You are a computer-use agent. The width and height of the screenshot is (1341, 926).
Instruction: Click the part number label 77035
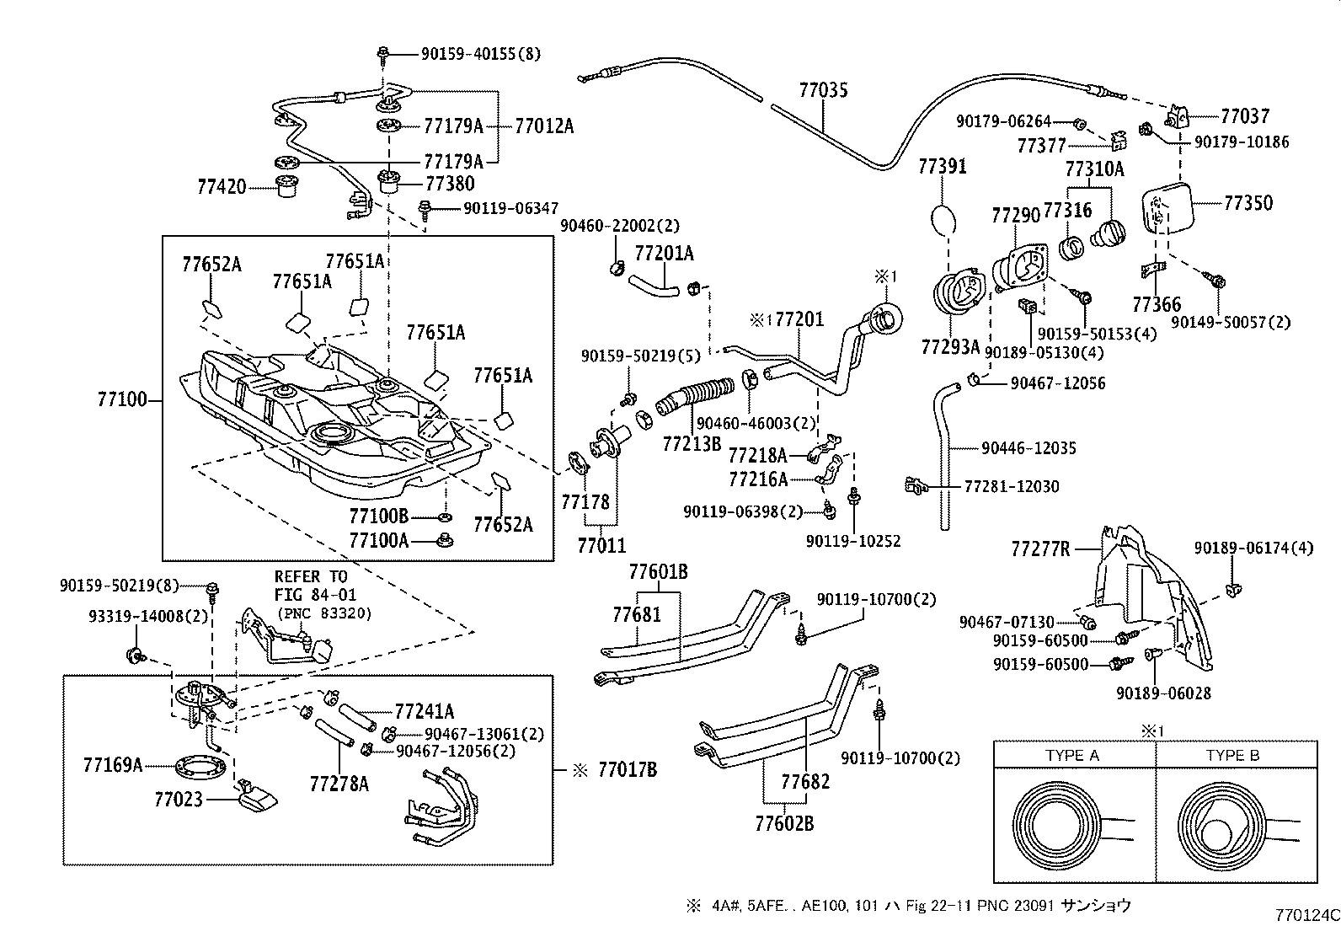(x=823, y=90)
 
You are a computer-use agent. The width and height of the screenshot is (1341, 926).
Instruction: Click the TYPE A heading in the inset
(x=1072, y=756)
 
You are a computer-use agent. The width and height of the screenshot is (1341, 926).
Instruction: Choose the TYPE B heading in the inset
(x=1231, y=756)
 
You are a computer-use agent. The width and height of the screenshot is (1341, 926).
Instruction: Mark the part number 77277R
(x=1040, y=550)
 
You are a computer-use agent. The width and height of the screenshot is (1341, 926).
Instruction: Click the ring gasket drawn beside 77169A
(x=200, y=768)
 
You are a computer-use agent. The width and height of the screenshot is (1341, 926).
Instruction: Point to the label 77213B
(x=692, y=443)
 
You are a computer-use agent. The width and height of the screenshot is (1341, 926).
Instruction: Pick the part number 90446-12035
(x=1028, y=448)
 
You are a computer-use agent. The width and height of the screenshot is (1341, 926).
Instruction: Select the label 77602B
(x=784, y=823)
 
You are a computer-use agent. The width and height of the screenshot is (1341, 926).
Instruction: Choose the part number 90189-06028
(x=1163, y=693)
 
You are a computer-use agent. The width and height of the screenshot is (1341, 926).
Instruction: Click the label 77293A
(x=950, y=346)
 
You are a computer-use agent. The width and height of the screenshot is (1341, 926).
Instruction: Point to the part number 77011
(x=601, y=545)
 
